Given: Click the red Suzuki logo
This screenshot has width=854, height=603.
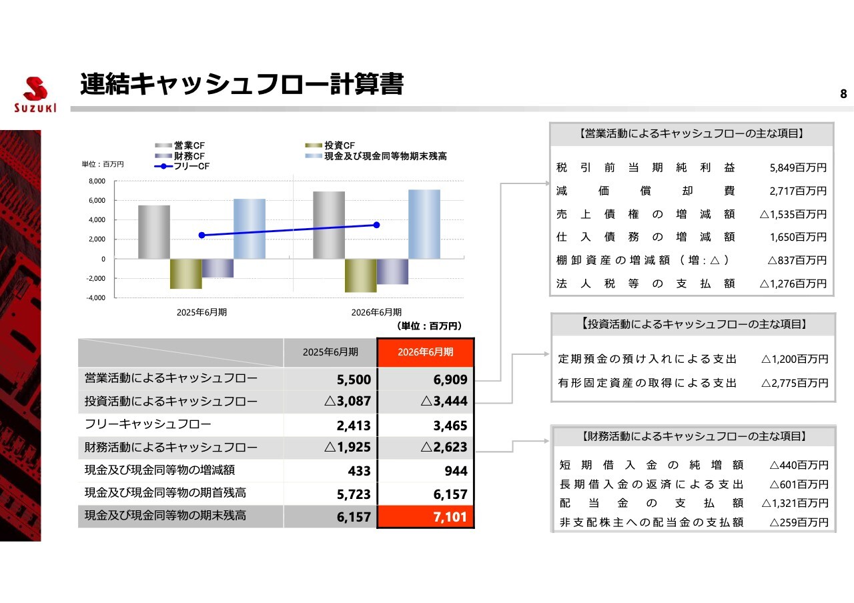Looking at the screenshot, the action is (x=35, y=95).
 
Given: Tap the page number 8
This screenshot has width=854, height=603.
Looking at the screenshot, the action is (x=843, y=94).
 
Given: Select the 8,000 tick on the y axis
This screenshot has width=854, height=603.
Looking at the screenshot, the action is (x=97, y=181).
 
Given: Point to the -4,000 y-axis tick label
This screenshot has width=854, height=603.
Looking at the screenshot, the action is (x=96, y=297).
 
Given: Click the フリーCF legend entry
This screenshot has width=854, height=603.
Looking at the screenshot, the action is (x=182, y=166).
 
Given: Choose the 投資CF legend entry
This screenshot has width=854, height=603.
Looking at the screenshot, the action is (x=330, y=145).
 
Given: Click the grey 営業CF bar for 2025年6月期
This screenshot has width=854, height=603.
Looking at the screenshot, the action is (x=154, y=232).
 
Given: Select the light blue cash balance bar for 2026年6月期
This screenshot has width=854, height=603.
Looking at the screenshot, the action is (x=424, y=224).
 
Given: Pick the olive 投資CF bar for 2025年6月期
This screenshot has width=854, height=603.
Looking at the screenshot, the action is (x=185, y=273).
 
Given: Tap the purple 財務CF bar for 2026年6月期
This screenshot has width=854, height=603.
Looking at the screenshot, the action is (x=392, y=271).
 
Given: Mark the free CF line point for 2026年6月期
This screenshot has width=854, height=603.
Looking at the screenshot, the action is (x=376, y=225).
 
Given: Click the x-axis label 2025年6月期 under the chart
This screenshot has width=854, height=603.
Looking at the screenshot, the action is (x=201, y=312).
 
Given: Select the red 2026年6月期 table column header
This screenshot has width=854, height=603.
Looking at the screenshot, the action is (x=426, y=352).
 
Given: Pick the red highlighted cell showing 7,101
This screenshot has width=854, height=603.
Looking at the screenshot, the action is (x=426, y=516).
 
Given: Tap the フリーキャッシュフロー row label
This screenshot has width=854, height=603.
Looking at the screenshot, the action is (x=148, y=424).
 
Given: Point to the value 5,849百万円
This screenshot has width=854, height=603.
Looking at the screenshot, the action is (x=798, y=167).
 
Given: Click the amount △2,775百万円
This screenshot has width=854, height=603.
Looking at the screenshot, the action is (x=795, y=383).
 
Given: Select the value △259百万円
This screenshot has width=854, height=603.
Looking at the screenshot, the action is (x=799, y=522).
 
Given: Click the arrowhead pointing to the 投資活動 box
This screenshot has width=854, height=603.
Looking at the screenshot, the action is (x=546, y=354).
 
